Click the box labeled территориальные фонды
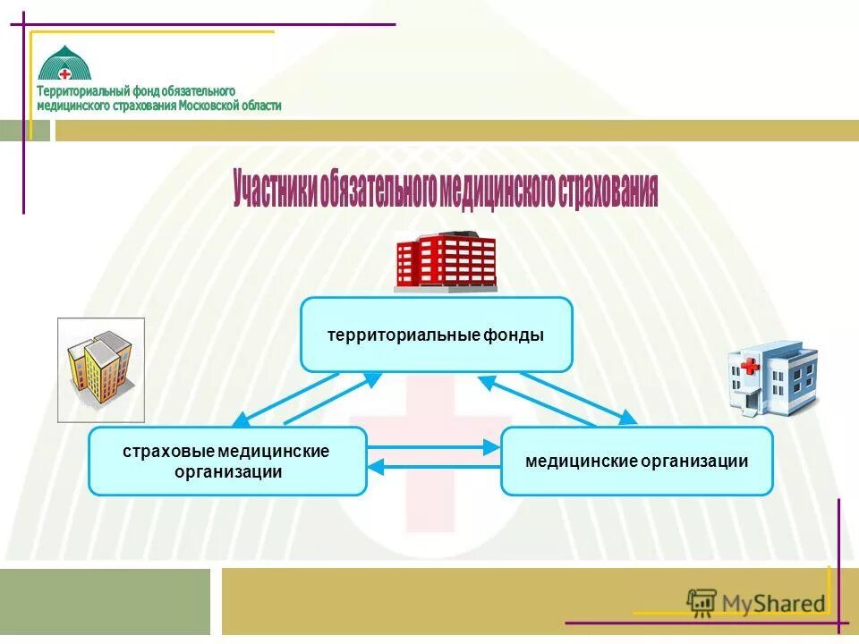pyautogui.click(x=436, y=335)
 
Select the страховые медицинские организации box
pyautogui.click(x=227, y=461)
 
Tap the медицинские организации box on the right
pyautogui.click(x=636, y=461)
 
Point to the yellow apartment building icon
pyautogui.click(x=100, y=369)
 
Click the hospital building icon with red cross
pyautogui.click(x=771, y=377)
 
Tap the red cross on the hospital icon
pyautogui.click(x=749, y=367)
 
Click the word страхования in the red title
pyautogui.click(x=608, y=191)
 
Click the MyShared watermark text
pyautogui.click(x=773, y=604)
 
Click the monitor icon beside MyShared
pyautogui.click(x=702, y=603)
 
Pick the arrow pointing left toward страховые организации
pyautogui.click(x=433, y=465)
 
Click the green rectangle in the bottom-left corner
pyautogui.click(x=105, y=601)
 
